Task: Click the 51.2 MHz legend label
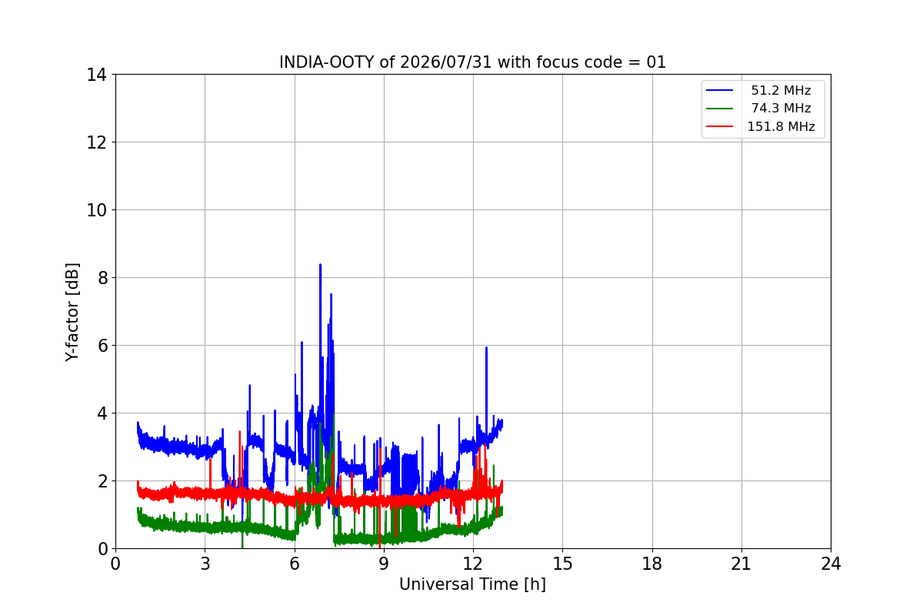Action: click(x=781, y=90)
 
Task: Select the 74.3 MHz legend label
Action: click(x=781, y=108)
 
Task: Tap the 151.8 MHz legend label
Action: click(x=781, y=126)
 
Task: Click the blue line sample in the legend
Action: click(x=719, y=90)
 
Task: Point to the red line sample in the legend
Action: click(x=719, y=126)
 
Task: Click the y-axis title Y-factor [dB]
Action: click(x=72, y=313)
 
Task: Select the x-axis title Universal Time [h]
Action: click(x=472, y=584)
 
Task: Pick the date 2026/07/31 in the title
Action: click(x=446, y=62)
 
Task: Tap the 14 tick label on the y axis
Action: click(x=96, y=75)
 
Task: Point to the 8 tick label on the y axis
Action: click(x=102, y=278)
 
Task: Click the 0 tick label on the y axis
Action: click(x=102, y=549)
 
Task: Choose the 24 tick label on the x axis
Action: click(x=831, y=564)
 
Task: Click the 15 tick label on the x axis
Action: click(x=562, y=564)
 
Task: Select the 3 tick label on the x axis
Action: click(x=205, y=564)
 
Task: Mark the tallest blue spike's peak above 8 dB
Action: click(x=320, y=264)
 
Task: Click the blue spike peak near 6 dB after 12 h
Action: click(x=486, y=348)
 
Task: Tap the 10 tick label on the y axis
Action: click(x=96, y=210)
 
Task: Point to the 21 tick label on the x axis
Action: click(x=741, y=564)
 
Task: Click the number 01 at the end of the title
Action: click(x=656, y=62)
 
